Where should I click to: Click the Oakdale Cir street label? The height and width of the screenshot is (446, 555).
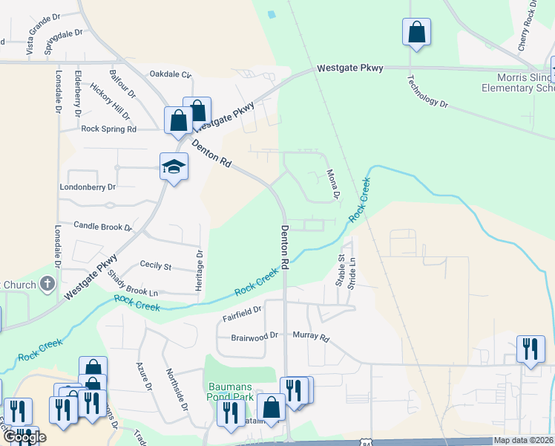(170, 74)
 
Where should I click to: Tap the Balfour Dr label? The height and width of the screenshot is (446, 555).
(122, 83)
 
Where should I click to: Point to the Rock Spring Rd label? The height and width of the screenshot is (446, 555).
(109, 129)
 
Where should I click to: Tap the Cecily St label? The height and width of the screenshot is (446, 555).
(156, 266)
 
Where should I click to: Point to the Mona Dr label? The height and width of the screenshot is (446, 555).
(333, 184)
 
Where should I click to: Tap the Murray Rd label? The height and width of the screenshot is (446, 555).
(310, 337)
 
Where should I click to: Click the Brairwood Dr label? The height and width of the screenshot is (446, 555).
(254, 336)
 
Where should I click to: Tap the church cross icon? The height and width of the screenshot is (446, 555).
(47, 282)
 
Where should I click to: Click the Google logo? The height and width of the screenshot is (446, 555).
(25, 437)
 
